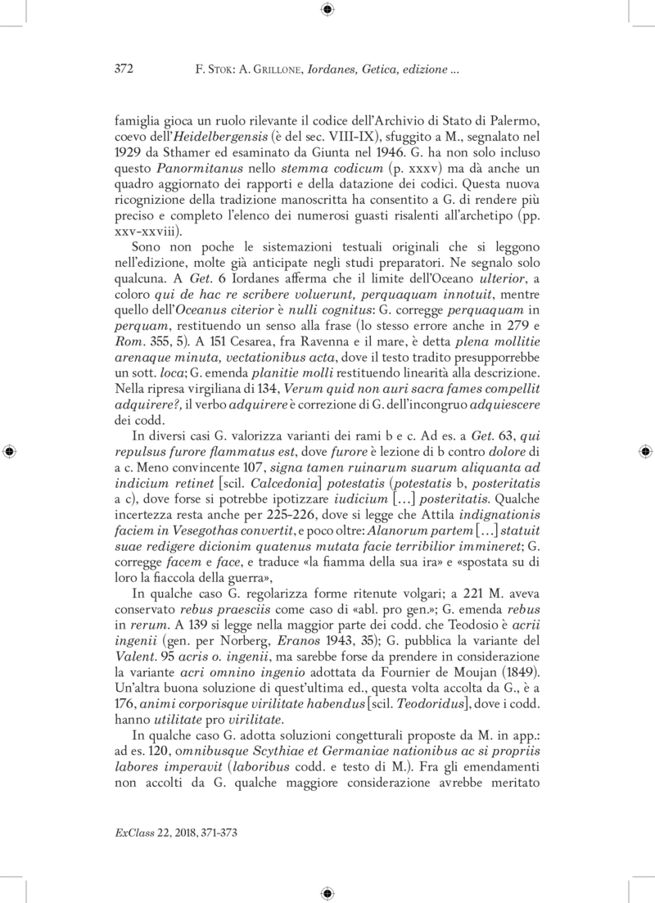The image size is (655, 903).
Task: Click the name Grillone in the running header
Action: point(266,71)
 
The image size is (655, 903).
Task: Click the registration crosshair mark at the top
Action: point(327,10)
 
